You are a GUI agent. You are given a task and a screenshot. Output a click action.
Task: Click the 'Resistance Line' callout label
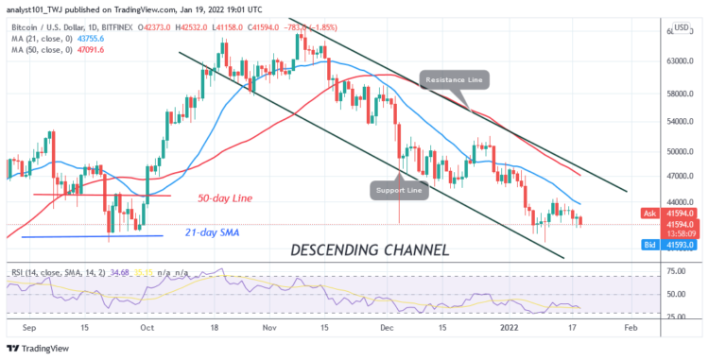tap(457, 80)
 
